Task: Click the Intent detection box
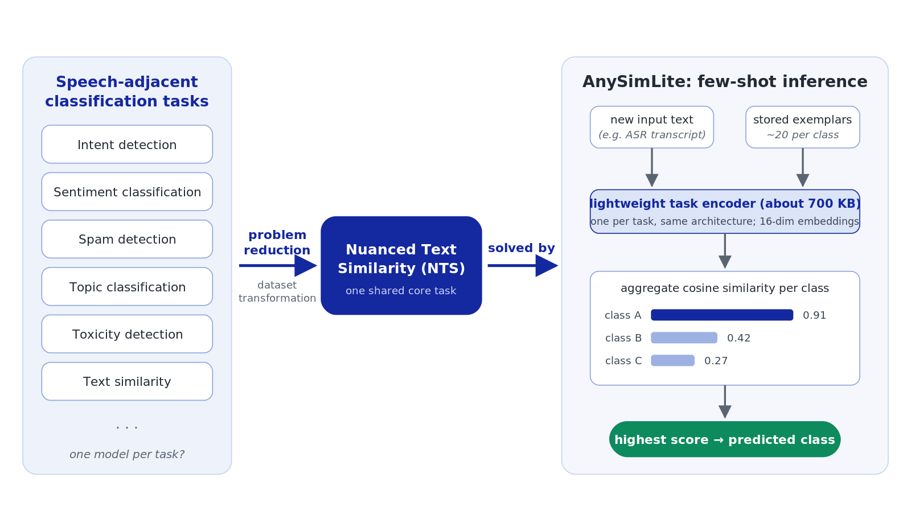(127, 145)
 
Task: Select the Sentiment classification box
(127, 191)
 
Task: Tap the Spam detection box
(127, 239)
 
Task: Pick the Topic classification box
(127, 287)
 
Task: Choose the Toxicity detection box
(127, 334)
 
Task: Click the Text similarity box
(127, 381)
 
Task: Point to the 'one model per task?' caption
(127, 454)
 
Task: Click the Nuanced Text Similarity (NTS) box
(401, 265)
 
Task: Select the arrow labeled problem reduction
(278, 265)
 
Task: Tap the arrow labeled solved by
(523, 265)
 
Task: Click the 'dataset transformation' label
(277, 291)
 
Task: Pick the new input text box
(652, 127)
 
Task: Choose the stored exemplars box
(803, 127)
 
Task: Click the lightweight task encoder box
(725, 211)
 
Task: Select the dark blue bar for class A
(722, 315)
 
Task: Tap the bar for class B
(684, 338)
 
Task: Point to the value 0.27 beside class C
(716, 361)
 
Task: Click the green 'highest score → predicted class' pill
(725, 439)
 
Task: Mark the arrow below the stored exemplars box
(803, 167)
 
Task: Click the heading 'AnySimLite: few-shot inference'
(725, 82)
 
